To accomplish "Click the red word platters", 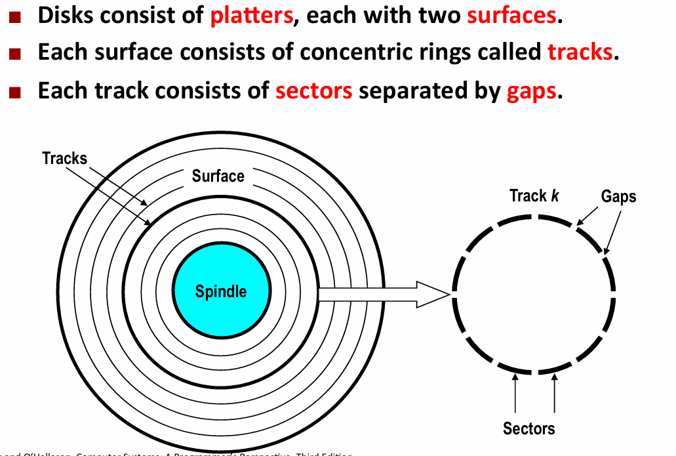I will (251, 15).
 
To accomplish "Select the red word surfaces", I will (511, 15).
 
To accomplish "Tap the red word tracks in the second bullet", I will (580, 52).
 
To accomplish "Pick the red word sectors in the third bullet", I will (314, 91).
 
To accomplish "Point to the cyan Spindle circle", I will (221, 291).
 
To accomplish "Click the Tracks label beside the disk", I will (64, 158).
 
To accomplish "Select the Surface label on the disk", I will (218, 176).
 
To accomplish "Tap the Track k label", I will (534, 196).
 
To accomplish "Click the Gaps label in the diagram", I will (618, 196).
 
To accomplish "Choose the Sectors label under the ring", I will (528, 428).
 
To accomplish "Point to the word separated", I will (420, 91).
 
